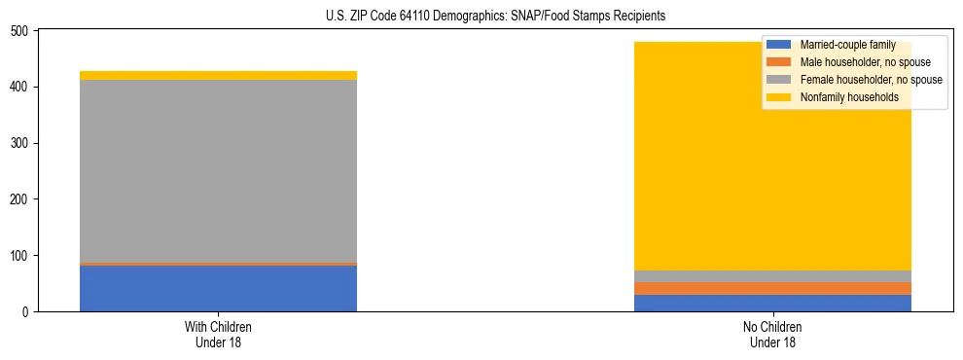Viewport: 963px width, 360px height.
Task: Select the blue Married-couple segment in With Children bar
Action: coord(218,288)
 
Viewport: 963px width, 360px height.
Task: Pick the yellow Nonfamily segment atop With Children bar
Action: coord(218,75)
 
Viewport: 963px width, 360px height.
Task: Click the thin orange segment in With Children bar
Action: coord(218,264)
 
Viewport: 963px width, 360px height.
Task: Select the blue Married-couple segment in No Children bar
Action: coord(772,303)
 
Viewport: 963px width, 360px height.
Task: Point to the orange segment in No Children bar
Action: coord(772,288)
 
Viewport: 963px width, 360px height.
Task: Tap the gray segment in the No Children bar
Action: coord(772,276)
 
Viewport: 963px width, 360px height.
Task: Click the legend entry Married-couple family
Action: coord(847,45)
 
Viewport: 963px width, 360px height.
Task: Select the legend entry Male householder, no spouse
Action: coord(861,62)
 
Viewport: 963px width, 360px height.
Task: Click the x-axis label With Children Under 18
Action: coord(218,335)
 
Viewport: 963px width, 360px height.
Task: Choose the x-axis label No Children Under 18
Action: coord(772,335)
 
